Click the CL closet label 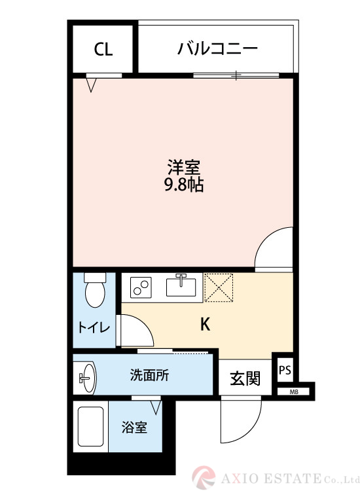click(x=103, y=50)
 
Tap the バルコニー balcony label click(x=217, y=48)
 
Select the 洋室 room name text click(x=184, y=167)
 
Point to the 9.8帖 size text click(x=184, y=185)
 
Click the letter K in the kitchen click(x=205, y=325)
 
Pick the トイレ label click(x=94, y=327)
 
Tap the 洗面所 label click(x=149, y=375)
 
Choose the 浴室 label click(x=134, y=427)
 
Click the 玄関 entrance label click(x=245, y=378)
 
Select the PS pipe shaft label click(x=285, y=371)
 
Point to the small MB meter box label click(x=294, y=391)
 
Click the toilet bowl click(x=95, y=290)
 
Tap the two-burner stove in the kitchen click(x=141, y=287)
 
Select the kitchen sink click(x=181, y=287)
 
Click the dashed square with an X click(x=219, y=287)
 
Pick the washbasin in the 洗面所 click(x=87, y=378)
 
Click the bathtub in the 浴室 click(x=91, y=426)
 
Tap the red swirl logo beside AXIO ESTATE click(x=204, y=478)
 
